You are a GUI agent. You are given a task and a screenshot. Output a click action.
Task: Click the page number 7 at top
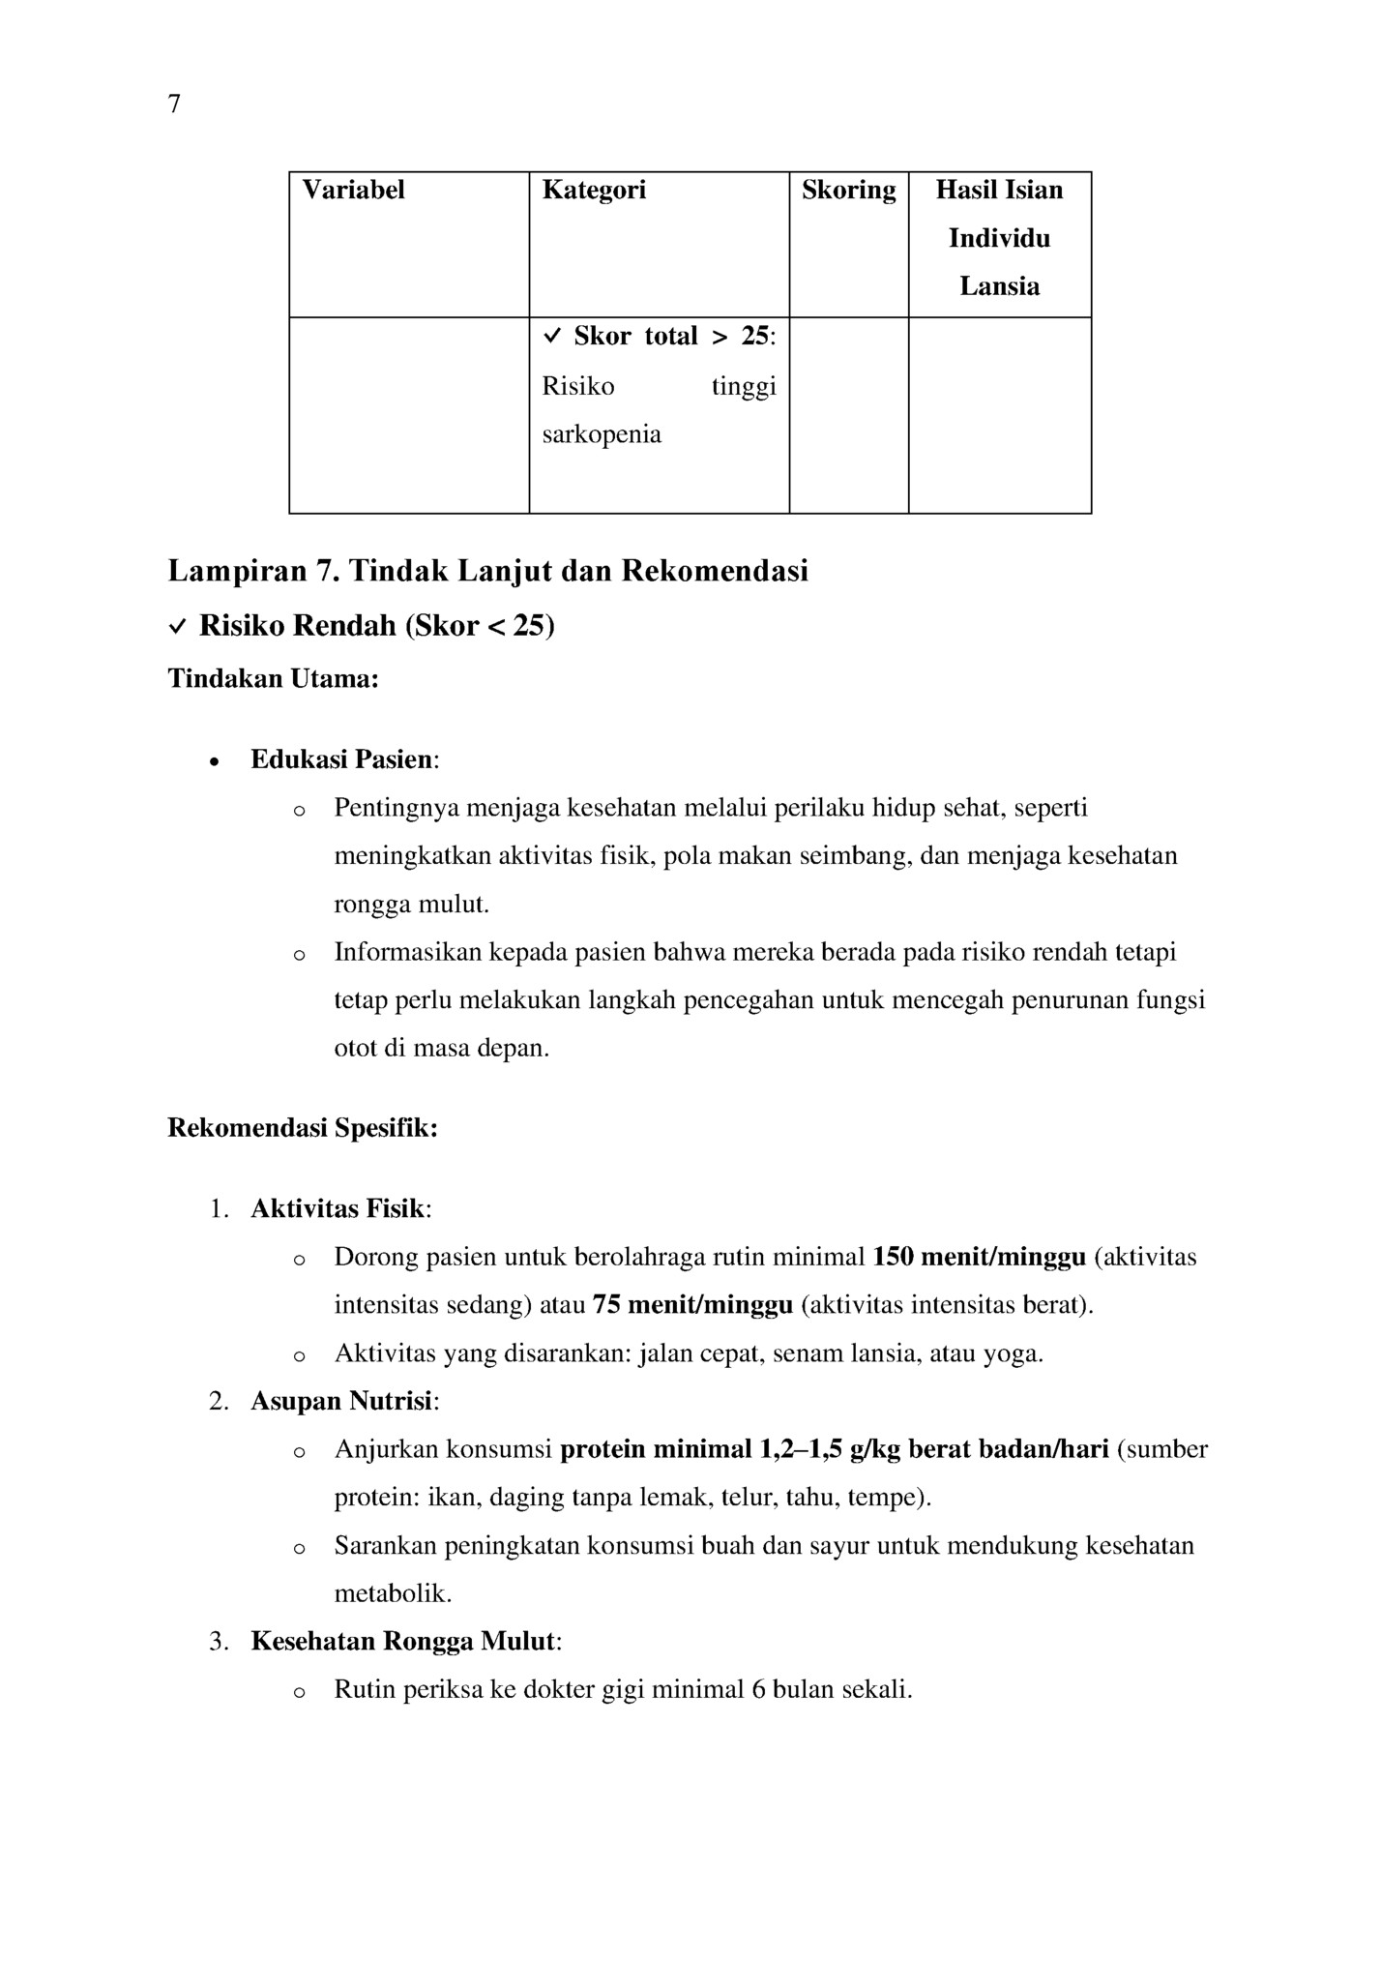tap(174, 104)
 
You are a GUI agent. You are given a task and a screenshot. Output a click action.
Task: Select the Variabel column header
tap(353, 191)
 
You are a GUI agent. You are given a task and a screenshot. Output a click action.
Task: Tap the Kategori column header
tap(594, 191)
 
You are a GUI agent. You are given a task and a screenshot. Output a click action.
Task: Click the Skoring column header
tap(848, 191)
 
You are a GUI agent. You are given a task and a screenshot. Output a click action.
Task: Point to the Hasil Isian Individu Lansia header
tap(999, 238)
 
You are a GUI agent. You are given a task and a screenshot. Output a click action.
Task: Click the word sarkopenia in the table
tap(602, 434)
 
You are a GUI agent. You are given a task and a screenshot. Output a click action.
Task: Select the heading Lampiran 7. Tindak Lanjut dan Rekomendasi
tap(488, 572)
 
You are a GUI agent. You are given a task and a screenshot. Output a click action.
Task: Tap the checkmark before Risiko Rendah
tap(178, 628)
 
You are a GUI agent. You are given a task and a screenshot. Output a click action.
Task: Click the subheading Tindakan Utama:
tap(273, 679)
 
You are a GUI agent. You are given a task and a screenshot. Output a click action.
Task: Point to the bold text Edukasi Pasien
tap(341, 760)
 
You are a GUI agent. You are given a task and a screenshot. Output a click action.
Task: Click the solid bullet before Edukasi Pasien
tap(215, 761)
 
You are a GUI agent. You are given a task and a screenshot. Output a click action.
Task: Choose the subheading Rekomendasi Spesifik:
tap(303, 1129)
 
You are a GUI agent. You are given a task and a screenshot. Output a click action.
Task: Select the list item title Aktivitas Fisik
tap(338, 1209)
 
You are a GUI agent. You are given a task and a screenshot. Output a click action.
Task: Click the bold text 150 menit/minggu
tap(979, 1258)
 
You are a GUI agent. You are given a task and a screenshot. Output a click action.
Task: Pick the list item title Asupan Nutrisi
tap(341, 1402)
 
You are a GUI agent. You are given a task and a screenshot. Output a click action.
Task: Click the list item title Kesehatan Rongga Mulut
tap(402, 1642)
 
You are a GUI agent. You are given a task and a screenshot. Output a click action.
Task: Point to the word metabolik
tap(393, 1593)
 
